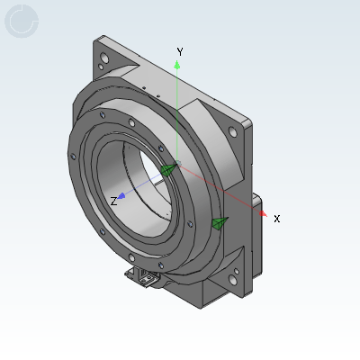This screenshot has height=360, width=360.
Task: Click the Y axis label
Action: [x=180, y=52]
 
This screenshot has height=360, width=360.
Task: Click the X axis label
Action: [x=276, y=219]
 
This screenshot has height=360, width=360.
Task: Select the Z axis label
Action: [x=112, y=202]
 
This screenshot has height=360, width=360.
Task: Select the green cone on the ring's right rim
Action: [x=219, y=222]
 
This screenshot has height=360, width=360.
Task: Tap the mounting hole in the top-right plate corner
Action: [x=236, y=131]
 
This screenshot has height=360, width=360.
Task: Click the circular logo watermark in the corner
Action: [x=22, y=22]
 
